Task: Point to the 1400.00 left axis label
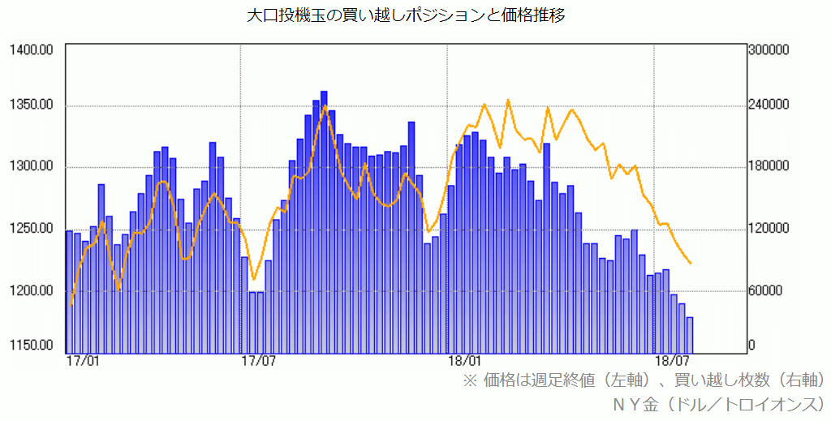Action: pyautogui.click(x=32, y=50)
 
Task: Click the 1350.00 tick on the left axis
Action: pyautogui.click(x=32, y=105)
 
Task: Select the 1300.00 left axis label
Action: pyautogui.click(x=32, y=167)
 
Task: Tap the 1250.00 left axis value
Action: pyautogui.click(x=32, y=229)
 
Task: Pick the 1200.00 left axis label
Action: pyautogui.click(x=32, y=290)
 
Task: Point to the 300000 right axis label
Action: pyautogui.click(x=769, y=50)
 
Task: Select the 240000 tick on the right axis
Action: pyautogui.click(x=769, y=105)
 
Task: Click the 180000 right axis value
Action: pyautogui.click(x=769, y=167)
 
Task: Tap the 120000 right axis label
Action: pyautogui.click(x=769, y=229)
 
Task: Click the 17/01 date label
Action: pyautogui.click(x=83, y=360)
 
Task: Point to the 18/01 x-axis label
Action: pyautogui.click(x=464, y=360)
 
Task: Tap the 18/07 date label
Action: pyautogui.click(x=672, y=360)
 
